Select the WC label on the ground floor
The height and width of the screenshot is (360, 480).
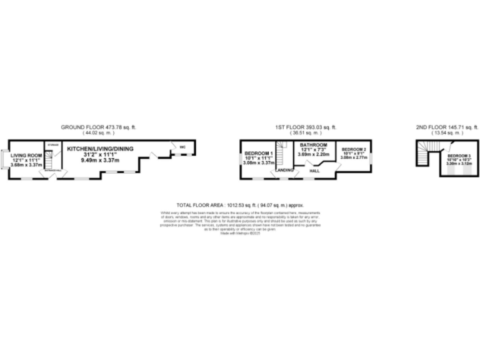(183, 147)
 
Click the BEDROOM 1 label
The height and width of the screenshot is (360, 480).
(259, 154)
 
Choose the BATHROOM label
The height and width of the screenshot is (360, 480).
(313, 145)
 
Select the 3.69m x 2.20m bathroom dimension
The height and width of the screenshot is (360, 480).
(313, 154)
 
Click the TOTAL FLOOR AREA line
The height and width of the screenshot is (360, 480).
(240, 205)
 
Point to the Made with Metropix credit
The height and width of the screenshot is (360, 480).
(240, 234)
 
